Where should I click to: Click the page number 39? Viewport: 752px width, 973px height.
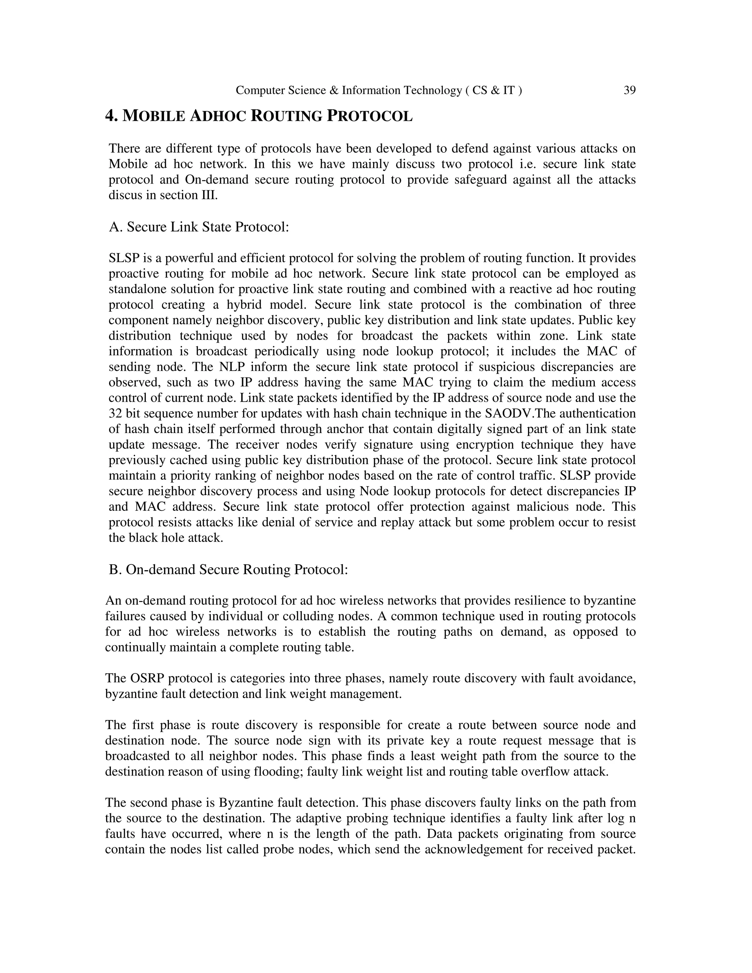coord(629,90)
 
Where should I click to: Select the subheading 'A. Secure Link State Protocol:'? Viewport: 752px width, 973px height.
coord(199,227)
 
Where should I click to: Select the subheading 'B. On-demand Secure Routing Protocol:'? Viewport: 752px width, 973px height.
coord(228,569)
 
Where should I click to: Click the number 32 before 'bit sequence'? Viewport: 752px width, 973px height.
coord(115,413)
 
